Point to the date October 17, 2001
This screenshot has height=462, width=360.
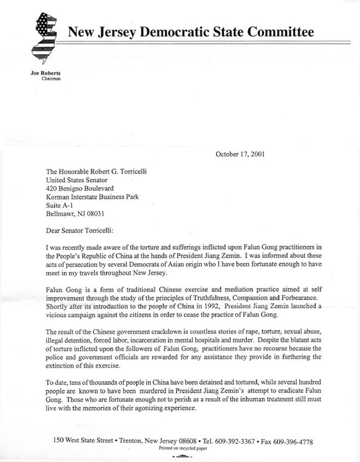point(240,154)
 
